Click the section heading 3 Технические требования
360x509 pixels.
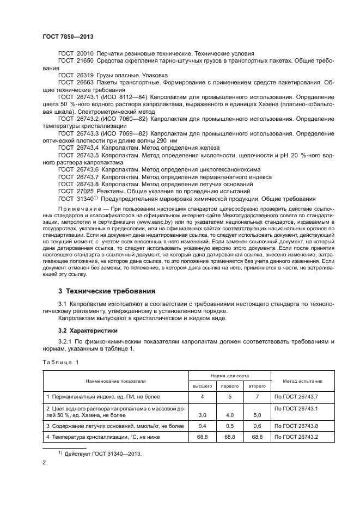(107, 291)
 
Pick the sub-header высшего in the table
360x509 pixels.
(202, 386)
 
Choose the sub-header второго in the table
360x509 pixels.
(257, 386)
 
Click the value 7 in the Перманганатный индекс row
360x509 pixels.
(257, 397)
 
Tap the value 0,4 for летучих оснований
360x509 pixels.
(202, 426)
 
